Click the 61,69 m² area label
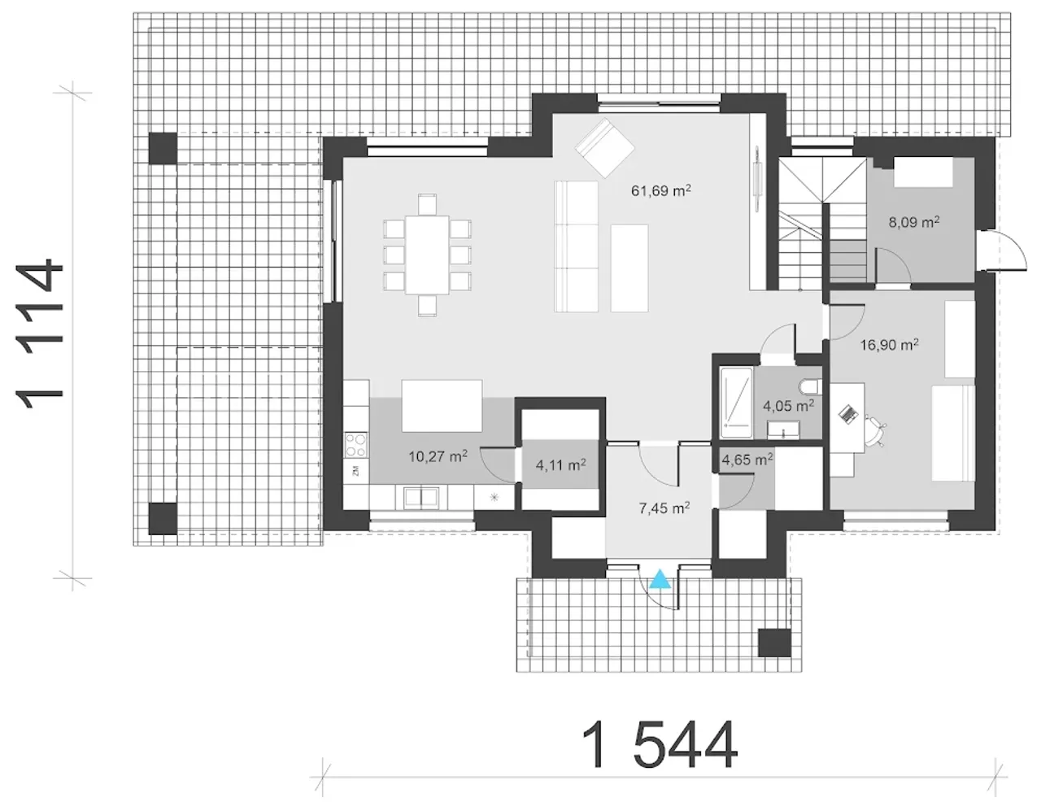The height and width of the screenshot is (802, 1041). pyautogui.click(x=660, y=190)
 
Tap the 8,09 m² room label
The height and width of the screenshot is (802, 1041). pyautogui.click(x=914, y=222)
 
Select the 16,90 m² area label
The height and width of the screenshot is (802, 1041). pyautogui.click(x=889, y=344)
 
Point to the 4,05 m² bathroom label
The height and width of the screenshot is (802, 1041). pyautogui.click(x=788, y=406)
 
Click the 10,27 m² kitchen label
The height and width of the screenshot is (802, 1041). pyautogui.click(x=438, y=456)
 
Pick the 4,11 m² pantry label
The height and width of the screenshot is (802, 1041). pyautogui.click(x=560, y=464)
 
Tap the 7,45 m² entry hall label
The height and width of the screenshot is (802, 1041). pyautogui.click(x=664, y=508)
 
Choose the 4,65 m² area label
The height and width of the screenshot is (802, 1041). pyautogui.click(x=747, y=460)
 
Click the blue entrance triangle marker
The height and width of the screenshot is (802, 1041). pyautogui.click(x=660, y=579)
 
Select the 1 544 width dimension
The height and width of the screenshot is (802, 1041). pyautogui.click(x=660, y=744)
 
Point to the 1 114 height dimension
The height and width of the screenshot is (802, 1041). pyautogui.click(x=39, y=334)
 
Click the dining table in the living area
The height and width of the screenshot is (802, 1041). pyautogui.click(x=427, y=255)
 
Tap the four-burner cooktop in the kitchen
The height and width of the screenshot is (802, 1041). pyautogui.click(x=356, y=445)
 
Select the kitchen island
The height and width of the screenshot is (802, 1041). pyautogui.click(x=442, y=406)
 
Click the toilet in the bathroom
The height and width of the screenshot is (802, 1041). pyautogui.click(x=811, y=386)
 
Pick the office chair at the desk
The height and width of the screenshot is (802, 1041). pyautogui.click(x=875, y=432)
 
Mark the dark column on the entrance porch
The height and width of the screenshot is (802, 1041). pyautogui.click(x=774, y=643)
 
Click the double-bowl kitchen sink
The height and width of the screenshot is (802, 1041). pyautogui.click(x=421, y=498)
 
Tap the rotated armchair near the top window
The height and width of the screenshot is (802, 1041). pyautogui.click(x=604, y=148)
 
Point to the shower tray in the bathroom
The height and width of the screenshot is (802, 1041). pyautogui.click(x=736, y=403)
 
